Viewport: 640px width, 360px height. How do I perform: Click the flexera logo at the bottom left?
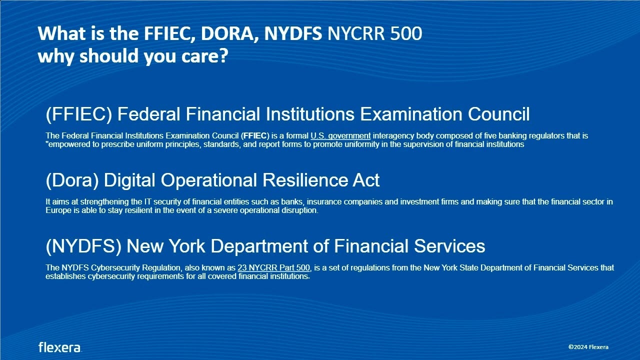click(x=60, y=347)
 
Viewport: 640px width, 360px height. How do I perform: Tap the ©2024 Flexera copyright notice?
click(x=588, y=347)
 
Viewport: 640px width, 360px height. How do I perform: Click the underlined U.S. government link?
click(x=340, y=135)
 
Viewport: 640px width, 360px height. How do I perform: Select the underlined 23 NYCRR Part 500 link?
click(x=273, y=267)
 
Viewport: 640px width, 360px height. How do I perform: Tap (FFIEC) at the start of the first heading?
click(x=78, y=114)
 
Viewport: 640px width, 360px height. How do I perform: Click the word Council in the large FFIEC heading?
click(x=498, y=114)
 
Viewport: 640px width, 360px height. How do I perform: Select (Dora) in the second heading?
click(x=72, y=180)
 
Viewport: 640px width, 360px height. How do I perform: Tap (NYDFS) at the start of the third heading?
click(x=83, y=246)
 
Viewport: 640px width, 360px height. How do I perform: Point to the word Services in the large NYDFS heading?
click(x=449, y=246)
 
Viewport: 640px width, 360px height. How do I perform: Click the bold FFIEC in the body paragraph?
click(x=255, y=135)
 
